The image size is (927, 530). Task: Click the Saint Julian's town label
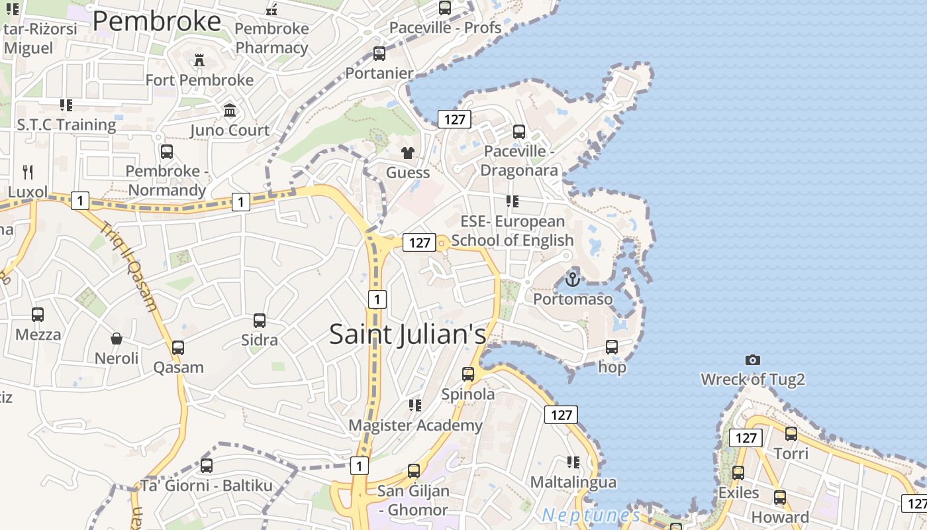[407, 334]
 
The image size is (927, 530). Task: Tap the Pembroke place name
[157, 21]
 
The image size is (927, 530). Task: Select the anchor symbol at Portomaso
[572, 280]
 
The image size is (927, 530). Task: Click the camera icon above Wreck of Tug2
[752, 360]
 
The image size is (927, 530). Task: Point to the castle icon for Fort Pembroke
[199, 61]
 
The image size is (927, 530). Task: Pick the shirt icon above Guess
[408, 153]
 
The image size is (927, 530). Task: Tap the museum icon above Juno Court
[230, 110]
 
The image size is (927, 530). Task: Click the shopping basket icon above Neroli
[117, 339]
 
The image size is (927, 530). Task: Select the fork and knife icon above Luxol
[28, 172]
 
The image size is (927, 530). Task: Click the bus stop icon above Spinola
[468, 374]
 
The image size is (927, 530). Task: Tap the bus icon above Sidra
[260, 321]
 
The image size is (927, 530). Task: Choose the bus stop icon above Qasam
[178, 348]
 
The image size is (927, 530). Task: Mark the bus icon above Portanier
[379, 54]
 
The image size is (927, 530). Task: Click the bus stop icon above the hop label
[612, 347]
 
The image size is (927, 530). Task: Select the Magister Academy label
[415, 425]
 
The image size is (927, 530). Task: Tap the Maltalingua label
[573, 482]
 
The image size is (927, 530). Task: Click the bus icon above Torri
[791, 434]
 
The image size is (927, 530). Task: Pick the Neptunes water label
[591, 515]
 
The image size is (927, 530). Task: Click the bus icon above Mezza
[38, 315]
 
